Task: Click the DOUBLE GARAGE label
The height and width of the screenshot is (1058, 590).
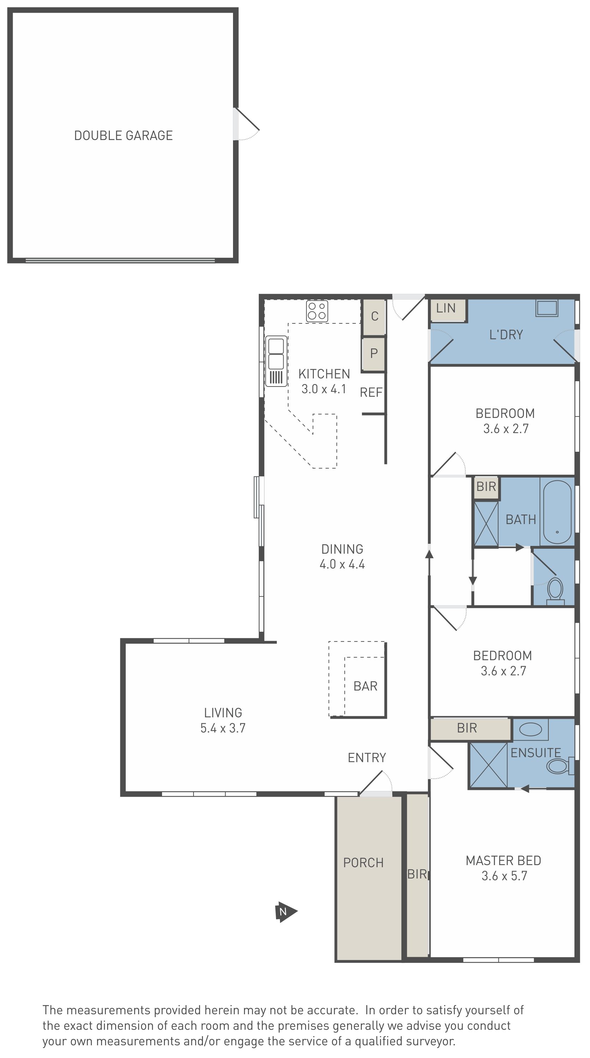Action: (x=123, y=135)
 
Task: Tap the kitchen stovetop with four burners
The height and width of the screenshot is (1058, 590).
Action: (x=317, y=311)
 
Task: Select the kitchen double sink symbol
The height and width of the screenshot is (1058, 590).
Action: (x=276, y=361)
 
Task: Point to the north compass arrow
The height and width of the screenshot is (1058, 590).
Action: (x=286, y=912)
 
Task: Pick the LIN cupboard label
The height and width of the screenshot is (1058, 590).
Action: (x=446, y=308)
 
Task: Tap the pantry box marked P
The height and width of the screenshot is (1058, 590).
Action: (x=374, y=353)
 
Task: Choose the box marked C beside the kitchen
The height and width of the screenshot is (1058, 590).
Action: (x=374, y=316)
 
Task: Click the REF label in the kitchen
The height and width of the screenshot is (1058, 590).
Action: (x=371, y=392)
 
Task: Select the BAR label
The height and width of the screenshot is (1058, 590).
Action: (x=365, y=686)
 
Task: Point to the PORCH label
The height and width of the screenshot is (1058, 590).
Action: (x=363, y=863)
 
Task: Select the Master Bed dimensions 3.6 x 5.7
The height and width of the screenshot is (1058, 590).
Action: (x=505, y=876)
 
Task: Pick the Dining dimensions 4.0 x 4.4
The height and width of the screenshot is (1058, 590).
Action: (x=342, y=564)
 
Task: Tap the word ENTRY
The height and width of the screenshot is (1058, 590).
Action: (x=367, y=758)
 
